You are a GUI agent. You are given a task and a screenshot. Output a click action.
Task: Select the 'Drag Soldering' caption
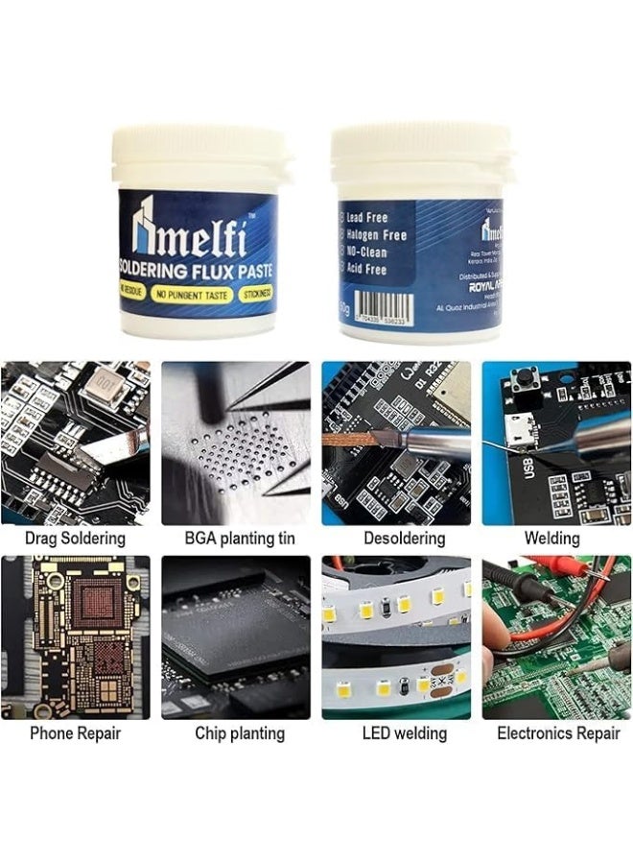click(x=76, y=538)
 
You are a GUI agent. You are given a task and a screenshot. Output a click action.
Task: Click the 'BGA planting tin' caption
click(x=235, y=538)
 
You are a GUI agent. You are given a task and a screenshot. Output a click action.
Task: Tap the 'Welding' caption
click(x=551, y=538)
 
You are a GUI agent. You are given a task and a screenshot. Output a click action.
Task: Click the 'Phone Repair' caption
click(x=76, y=733)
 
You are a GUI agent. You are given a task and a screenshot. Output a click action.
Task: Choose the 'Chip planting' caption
click(x=240, y=733)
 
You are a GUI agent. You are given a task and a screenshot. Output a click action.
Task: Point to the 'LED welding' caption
click(x=404, y=733)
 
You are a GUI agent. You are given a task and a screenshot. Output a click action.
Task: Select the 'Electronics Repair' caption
click(x=558, y=733)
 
